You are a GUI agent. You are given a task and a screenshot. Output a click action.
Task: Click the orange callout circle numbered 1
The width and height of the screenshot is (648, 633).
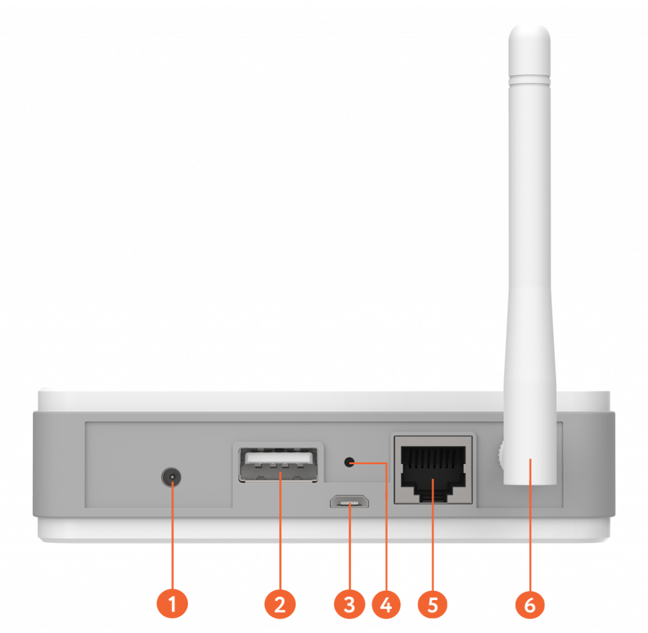(172, 604)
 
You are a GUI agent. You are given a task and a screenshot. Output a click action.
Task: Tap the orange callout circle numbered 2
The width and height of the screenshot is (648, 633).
(280, 604)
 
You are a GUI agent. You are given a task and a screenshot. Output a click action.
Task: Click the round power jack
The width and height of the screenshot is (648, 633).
(171, 477)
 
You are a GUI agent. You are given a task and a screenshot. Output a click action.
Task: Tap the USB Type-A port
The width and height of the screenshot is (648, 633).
(278, 465)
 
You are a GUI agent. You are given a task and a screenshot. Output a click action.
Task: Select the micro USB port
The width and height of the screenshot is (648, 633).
(349, 501)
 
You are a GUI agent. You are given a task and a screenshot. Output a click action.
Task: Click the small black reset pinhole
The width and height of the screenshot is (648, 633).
(349, 462)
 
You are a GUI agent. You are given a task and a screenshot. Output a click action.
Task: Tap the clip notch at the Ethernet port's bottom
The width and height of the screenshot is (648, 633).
(433, 497)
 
